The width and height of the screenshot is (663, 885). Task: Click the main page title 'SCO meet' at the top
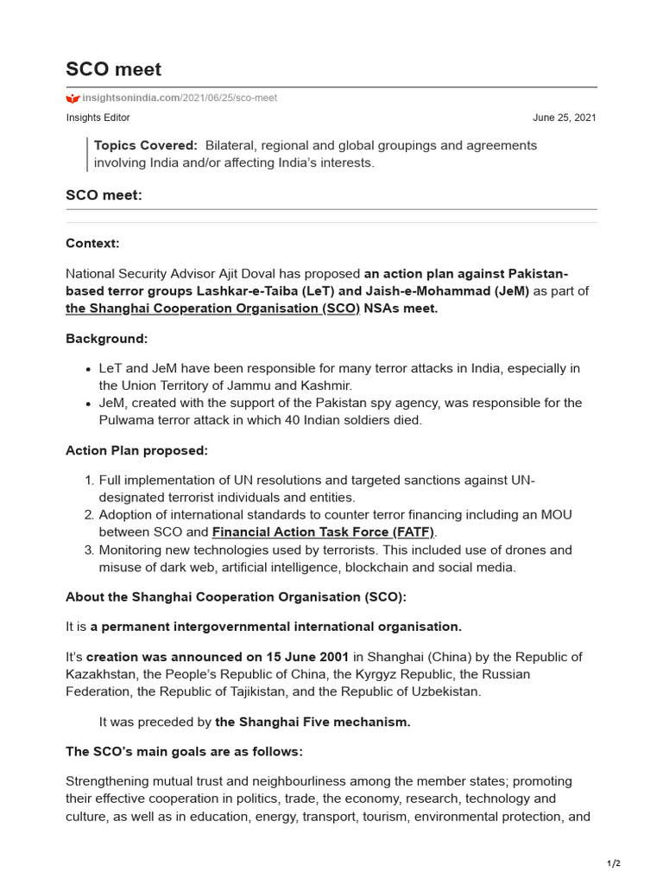click(113, 69)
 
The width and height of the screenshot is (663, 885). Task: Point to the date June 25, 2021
click(564, 118)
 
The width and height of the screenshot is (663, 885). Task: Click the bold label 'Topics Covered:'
click(146, 145)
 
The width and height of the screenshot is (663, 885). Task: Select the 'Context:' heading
click(92, 245)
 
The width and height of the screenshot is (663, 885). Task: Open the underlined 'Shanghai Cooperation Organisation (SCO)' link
click(212, 309)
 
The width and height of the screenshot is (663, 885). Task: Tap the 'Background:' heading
click(107, 338)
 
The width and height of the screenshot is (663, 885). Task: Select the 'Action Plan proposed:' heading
click(136, 450)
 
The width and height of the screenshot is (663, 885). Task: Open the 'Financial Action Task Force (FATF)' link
click(324, 532)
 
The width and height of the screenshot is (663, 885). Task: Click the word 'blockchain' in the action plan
click(390, 567)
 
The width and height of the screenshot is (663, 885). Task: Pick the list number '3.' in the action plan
click(89, 550)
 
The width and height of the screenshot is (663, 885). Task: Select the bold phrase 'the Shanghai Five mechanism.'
click(313, 722)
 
